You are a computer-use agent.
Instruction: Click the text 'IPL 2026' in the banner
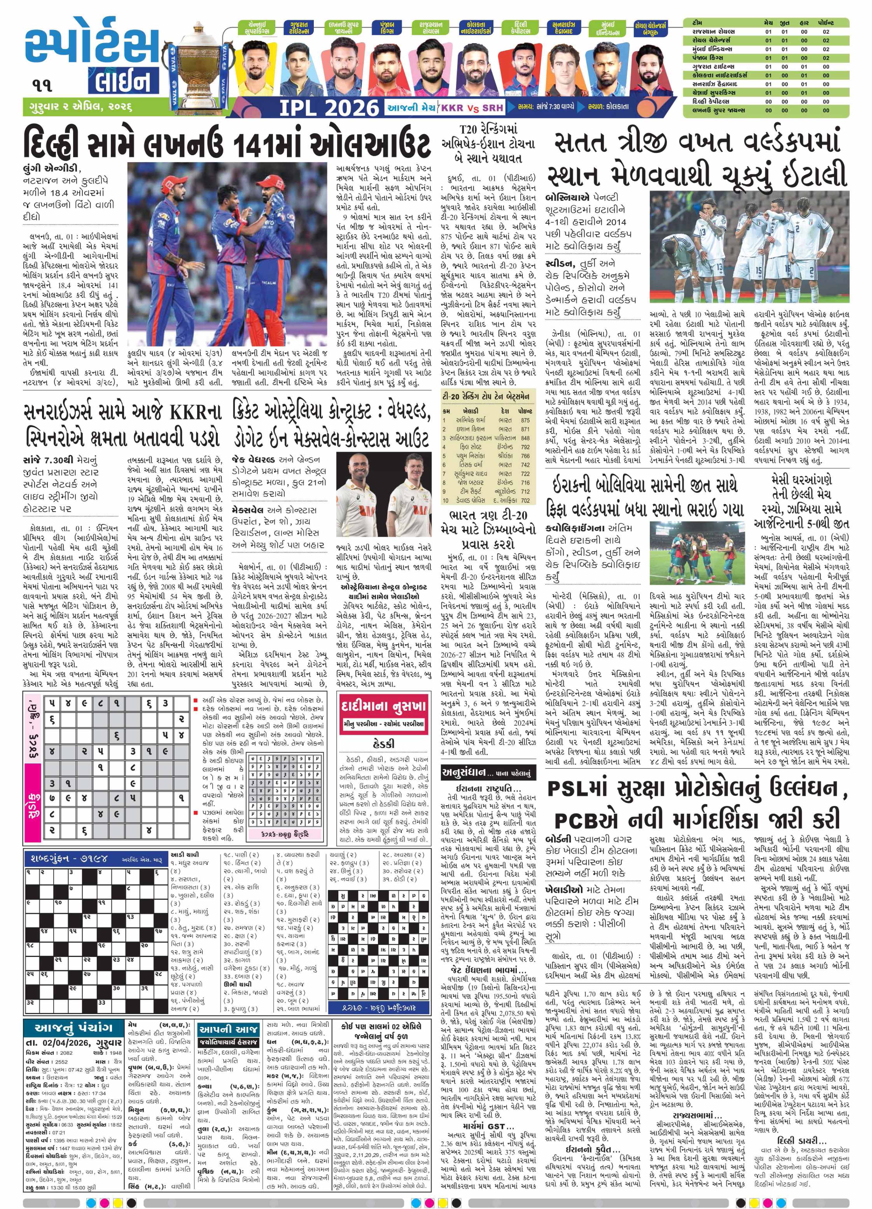[x=329, y=108]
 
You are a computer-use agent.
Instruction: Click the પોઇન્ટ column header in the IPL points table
[x=826, y=23]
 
